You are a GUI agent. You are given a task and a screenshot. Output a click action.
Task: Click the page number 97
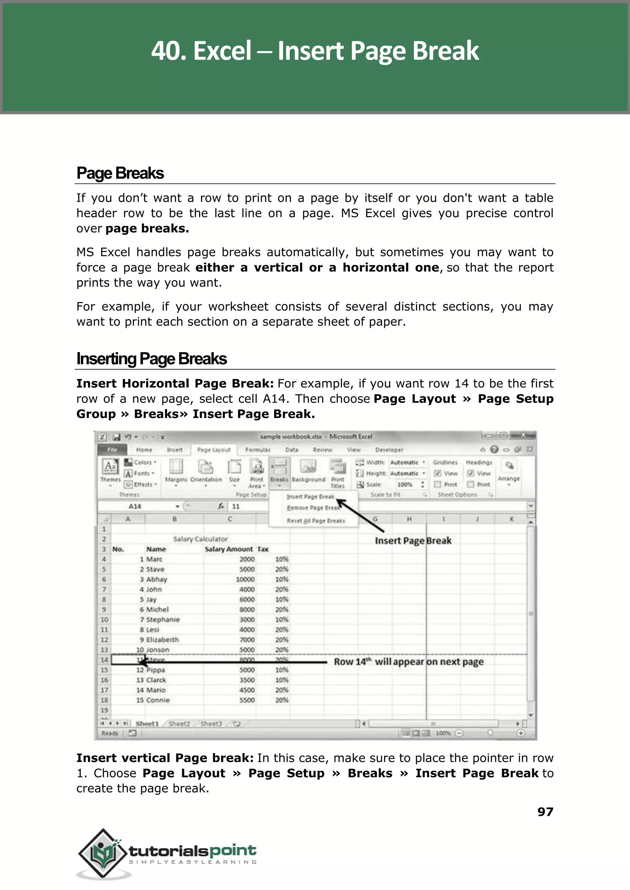(x=545, y=812)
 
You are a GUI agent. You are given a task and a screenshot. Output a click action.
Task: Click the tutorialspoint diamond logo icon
(x=103, y=853)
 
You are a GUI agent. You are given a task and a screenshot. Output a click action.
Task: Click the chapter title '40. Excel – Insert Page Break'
(x=315, y=51)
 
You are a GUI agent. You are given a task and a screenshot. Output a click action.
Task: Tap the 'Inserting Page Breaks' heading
(x=151, y=359)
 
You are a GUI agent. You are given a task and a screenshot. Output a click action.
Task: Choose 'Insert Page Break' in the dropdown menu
(x=310, y=497)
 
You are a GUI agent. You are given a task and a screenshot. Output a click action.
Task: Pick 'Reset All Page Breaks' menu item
(x=315, y=521)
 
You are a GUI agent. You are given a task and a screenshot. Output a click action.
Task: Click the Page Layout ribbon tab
(x=214, y=450)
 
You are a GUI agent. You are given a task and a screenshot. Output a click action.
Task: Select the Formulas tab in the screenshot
(x=257, y=450)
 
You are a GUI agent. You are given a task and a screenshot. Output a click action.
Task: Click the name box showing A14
(x=135, y=507)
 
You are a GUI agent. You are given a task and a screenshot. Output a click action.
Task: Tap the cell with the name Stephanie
(x=163, y=620)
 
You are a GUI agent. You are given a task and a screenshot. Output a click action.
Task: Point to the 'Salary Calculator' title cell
(x=200, y=539)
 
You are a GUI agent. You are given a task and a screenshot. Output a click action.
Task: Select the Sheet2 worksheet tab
(x=179, y=724)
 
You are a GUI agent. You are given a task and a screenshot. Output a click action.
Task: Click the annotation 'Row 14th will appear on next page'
(x=409, y=662)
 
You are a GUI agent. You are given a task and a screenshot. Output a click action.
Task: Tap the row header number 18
(x=104, y=700)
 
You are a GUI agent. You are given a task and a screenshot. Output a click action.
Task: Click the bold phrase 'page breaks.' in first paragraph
(x=147, y=228)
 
